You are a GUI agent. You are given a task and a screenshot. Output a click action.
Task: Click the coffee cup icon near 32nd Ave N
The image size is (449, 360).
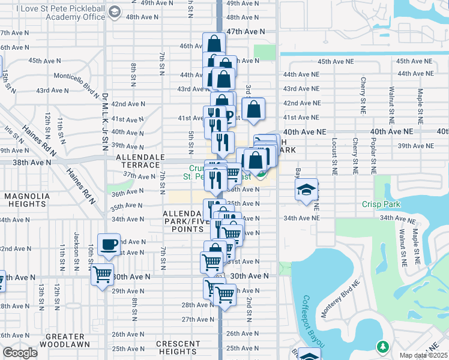109,244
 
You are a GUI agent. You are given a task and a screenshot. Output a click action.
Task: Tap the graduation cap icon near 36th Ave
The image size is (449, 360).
306,190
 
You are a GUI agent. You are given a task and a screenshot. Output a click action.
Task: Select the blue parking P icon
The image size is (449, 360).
228,113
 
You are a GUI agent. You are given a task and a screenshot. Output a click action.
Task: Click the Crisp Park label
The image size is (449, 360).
381,205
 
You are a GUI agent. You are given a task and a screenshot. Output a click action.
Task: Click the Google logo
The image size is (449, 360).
20,353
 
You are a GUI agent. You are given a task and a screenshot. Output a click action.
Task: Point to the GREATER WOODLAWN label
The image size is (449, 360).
59,340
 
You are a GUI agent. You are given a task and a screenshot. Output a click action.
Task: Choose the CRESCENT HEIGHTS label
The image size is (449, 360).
178,347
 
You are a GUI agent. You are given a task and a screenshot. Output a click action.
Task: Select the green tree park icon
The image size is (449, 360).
382,347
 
